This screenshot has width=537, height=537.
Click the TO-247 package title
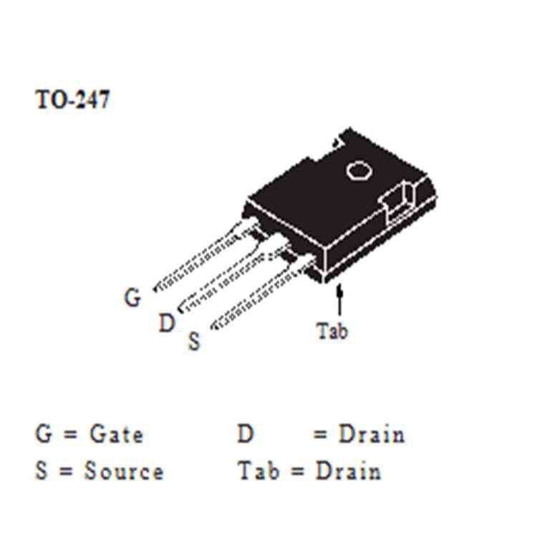(x=72, y=100)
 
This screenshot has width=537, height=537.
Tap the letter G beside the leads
(x=132, y=297)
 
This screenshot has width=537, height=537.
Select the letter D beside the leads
(x=166, y=324)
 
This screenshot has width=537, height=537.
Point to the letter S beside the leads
(x=194, y=342)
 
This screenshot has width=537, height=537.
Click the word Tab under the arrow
(x=332, y=332)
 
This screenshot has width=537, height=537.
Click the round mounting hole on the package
(x=357, y=170)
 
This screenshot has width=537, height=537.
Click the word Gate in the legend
(x=116, y=434)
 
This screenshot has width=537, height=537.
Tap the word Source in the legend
(x=124, y=471)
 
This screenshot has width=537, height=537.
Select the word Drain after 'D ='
(x=371, y=434)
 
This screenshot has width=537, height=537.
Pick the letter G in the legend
(x=44, y=434)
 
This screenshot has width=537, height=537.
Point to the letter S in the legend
(x=42, y=471)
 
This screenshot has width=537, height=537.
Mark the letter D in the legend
(x=246, y=434)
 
